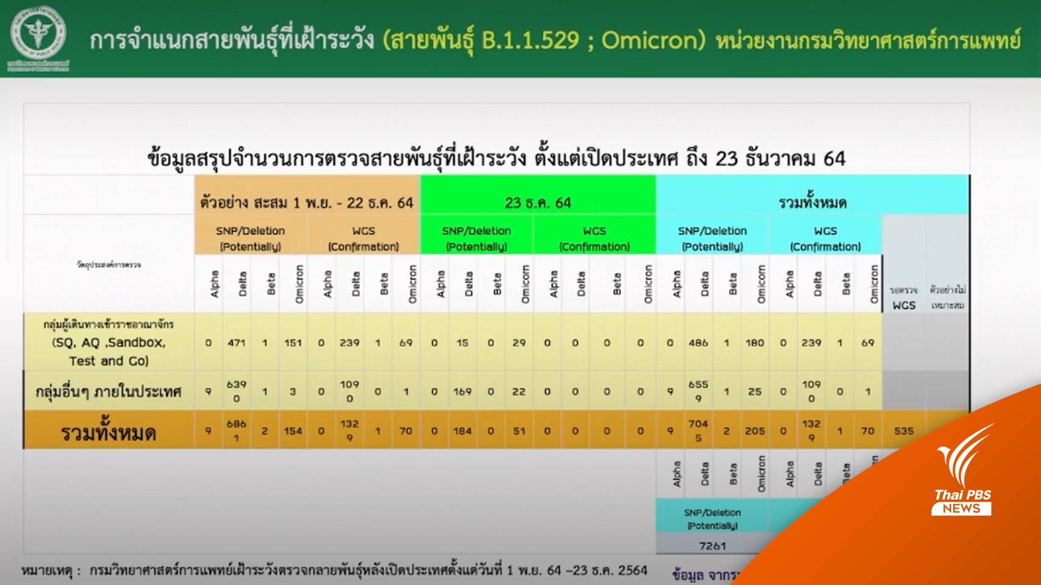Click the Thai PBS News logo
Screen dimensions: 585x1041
tap(964, 481)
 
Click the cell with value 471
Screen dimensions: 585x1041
tap(237, 343)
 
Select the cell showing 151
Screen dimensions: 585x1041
tap(293, 343)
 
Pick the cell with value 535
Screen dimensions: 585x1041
tap(904, 431)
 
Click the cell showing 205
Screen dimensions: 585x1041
tap(754, 431)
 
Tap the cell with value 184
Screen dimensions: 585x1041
tap(462, 431)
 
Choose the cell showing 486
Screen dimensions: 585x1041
tap(698, 343)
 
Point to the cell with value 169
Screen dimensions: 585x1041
tap(462, 391)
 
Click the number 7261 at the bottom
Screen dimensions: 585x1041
tap(712, 546)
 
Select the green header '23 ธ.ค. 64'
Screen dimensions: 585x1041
tap(538, 203)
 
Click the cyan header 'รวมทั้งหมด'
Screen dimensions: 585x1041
tap(812, 203)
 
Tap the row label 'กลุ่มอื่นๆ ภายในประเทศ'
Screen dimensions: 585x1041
tap(109, 391)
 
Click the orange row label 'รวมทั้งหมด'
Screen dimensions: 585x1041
tap(109, 433)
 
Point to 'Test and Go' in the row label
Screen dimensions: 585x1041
tap(109, 361)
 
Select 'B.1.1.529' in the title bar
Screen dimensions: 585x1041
tap(529, 40)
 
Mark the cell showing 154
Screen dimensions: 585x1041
tap(293, 431)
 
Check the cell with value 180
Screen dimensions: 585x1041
tap(754, 343)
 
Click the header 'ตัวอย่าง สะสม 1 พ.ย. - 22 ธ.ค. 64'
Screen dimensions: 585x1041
tap(307, 203)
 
